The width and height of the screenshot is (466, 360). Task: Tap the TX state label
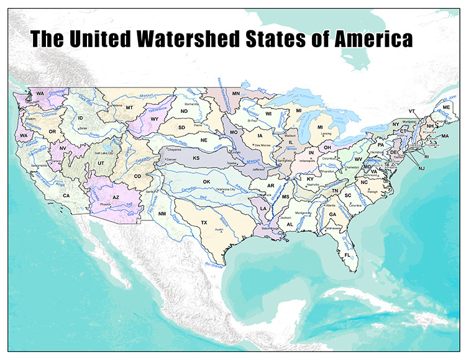pos(203,222)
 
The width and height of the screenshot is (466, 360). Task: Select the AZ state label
pos(116,197)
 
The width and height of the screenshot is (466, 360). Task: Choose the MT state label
pos(130,107)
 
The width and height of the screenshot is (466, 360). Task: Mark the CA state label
pos(66,196)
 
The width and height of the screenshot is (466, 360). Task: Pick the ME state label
pos(446,107)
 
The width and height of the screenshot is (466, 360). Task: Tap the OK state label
pos(207,181)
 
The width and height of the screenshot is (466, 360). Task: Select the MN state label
pos(236,93)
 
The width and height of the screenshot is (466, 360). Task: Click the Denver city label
pos(171,160)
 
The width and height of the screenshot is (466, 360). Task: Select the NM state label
pos(162,214)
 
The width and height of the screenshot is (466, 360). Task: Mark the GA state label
pos(332,214)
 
